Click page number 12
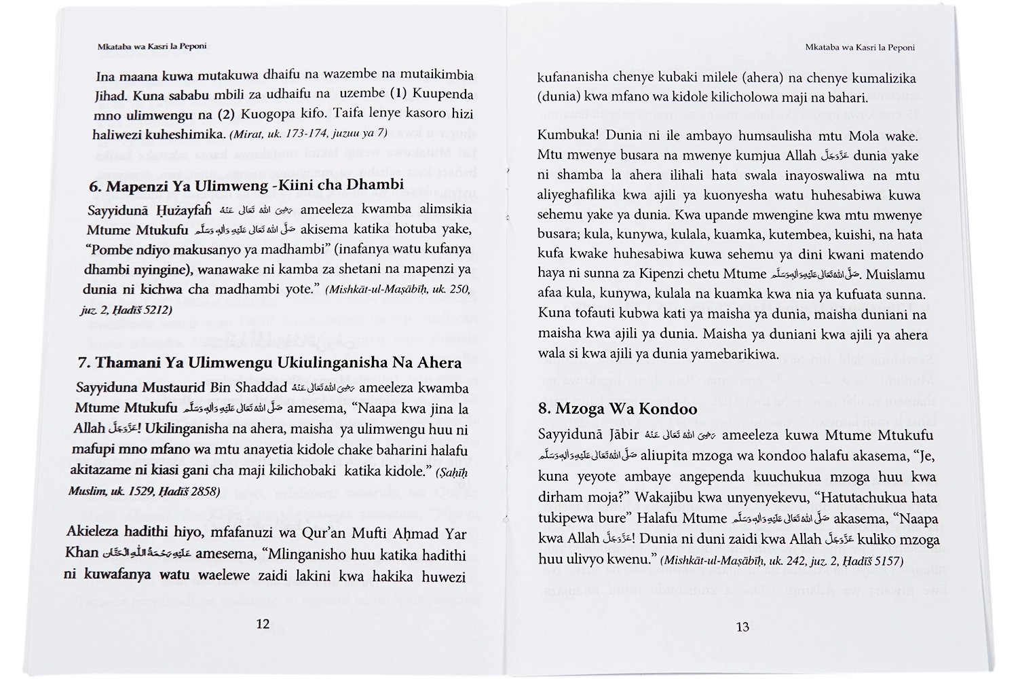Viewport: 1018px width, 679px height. click(263, 624)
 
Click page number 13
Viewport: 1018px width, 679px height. click(742, 627)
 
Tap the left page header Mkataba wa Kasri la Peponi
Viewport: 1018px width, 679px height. click(152, 47)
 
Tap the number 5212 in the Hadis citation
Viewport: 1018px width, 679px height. click(155, 310)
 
